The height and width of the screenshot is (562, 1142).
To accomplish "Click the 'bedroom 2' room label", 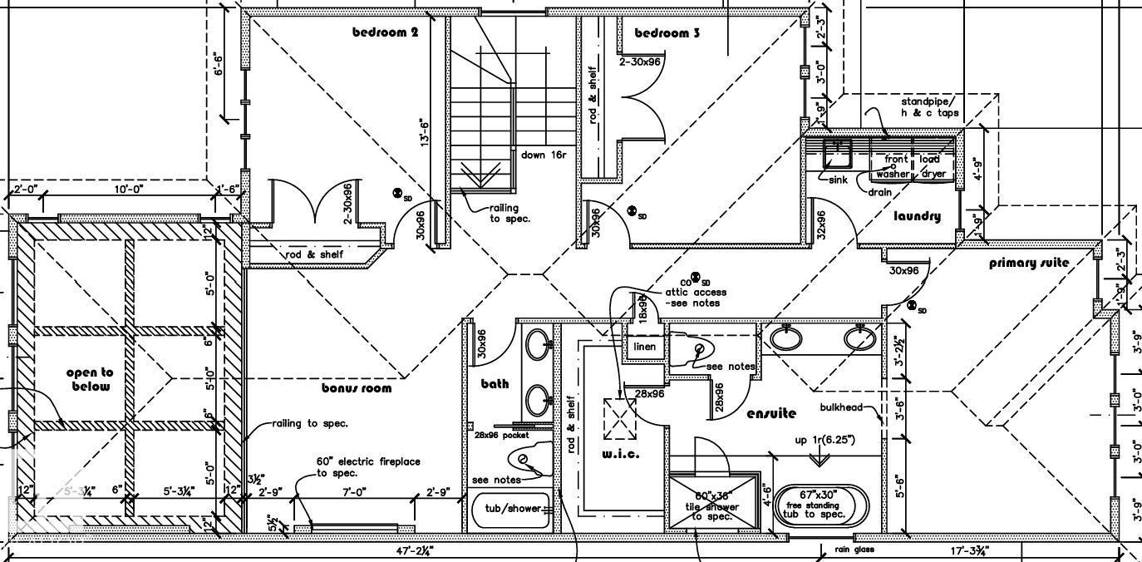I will (385, 32).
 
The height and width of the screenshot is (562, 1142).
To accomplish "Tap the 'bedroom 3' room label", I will (667, 33).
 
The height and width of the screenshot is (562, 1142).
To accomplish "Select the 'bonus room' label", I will (357, 387).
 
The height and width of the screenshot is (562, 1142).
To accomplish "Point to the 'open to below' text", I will (90, 379).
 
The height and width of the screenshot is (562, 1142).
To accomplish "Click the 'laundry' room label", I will (917, 216).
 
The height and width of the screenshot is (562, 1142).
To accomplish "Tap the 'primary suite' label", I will (1029, 263).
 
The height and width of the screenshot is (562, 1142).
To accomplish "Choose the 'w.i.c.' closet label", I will (620, 454).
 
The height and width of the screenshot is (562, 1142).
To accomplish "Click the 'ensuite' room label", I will (771, 413).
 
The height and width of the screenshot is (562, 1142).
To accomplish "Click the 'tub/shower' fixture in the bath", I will (507, 508).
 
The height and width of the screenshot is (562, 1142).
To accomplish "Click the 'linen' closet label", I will (645, 347).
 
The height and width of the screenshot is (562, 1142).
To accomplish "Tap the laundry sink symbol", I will (835, 154).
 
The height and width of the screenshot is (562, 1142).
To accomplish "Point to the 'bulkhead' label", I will (840, 407).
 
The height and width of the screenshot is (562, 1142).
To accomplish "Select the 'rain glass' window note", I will (854, 550).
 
